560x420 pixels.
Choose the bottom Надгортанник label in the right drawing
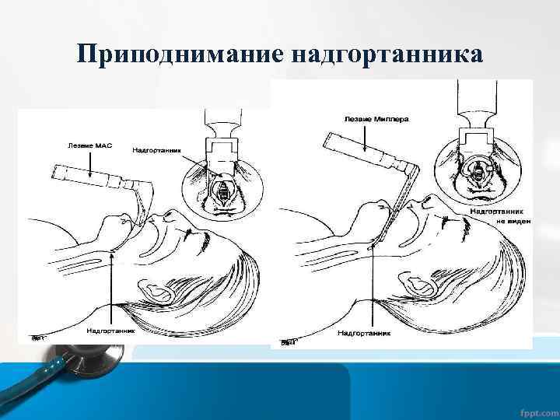362,333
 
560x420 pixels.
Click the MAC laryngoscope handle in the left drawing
85,176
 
